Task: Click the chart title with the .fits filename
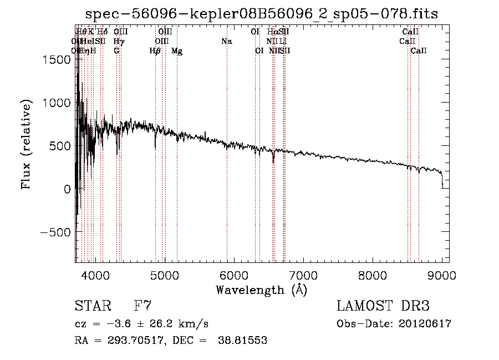coord(262,14)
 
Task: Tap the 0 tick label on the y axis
coord(67,189)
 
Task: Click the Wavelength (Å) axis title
coord(261,290)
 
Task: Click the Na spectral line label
coord(226,41)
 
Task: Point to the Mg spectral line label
coord(177,51)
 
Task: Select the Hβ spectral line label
coord(155,51)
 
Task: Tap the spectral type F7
coord(142,306)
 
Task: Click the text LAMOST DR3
coord(383,306)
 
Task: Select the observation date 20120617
coord(424,324)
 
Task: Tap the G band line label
coord(116,51)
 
